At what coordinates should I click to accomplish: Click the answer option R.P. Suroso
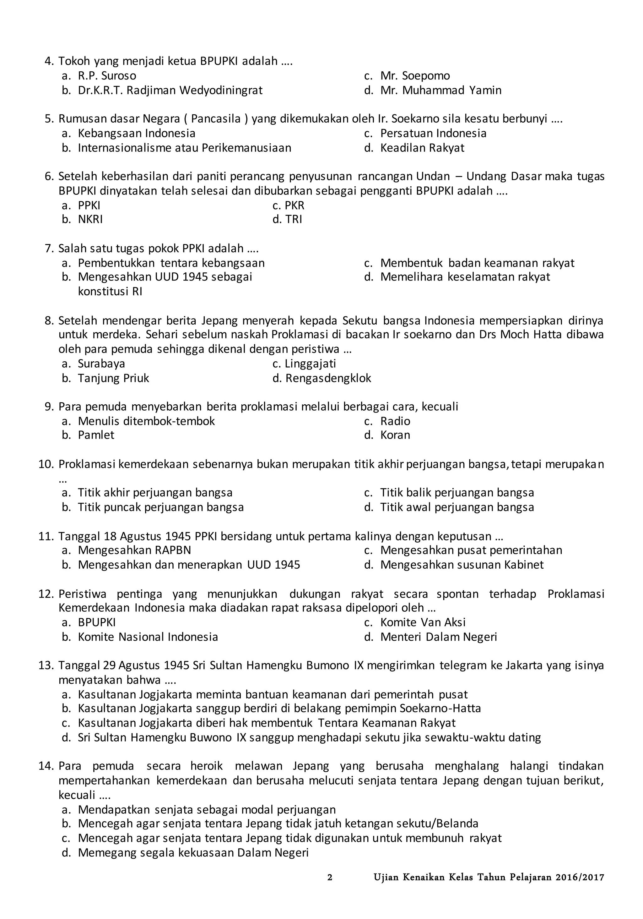tap(107, 76)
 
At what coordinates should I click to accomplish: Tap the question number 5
tap(49, 119)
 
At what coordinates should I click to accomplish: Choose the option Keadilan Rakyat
tap(422, 148)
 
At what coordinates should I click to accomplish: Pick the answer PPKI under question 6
tap(89, 205)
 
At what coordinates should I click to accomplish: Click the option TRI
tap(294, 219)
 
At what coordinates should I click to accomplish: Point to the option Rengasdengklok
tap(328, 378)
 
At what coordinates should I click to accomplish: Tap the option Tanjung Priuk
tap(113, 378)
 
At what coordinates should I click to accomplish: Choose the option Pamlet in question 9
tap(96, 435)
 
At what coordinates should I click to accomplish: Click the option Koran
tap(395, 435)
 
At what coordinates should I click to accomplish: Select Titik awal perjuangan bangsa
tap(457, 507)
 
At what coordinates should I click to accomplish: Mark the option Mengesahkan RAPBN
tap(134, 550)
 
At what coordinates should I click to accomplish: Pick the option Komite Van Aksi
tap(423, 622)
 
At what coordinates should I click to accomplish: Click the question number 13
tap(46, 665)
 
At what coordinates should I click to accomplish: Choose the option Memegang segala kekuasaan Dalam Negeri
tap(193, 853)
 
